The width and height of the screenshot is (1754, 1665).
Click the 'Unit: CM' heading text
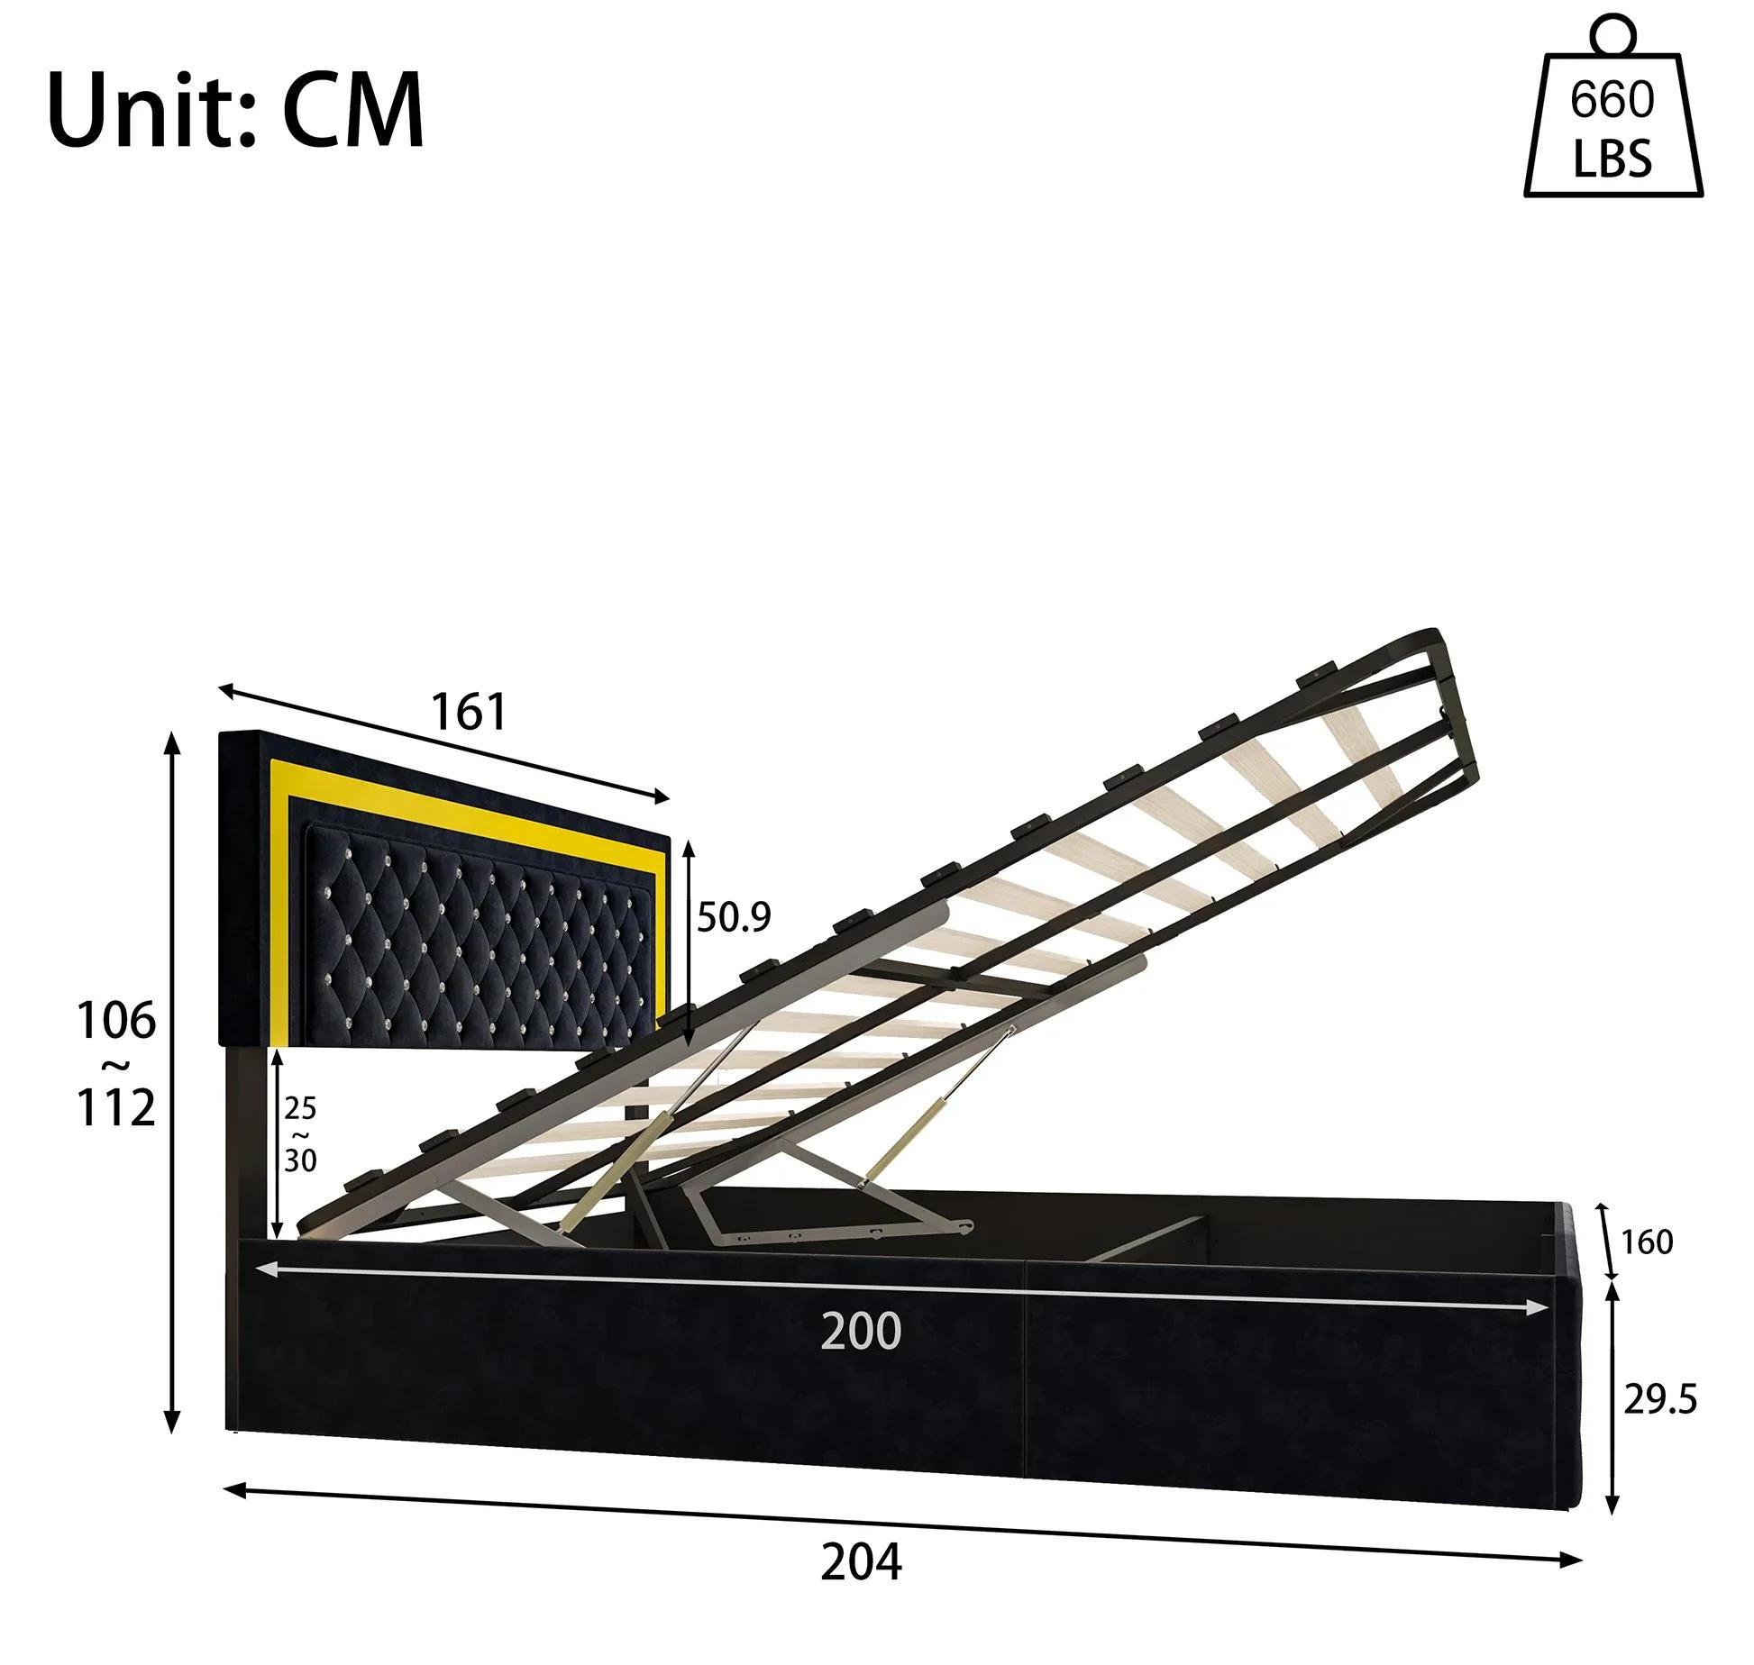coord(235,110)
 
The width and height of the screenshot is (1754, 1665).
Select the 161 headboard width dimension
coord(470,712)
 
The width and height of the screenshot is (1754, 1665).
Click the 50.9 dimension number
coord(734,917)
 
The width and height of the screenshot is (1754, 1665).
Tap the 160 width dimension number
coord(1647,1242)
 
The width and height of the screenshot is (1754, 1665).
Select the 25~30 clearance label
coord(300,1134)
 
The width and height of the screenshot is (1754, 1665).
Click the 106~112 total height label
coord(116,1064)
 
